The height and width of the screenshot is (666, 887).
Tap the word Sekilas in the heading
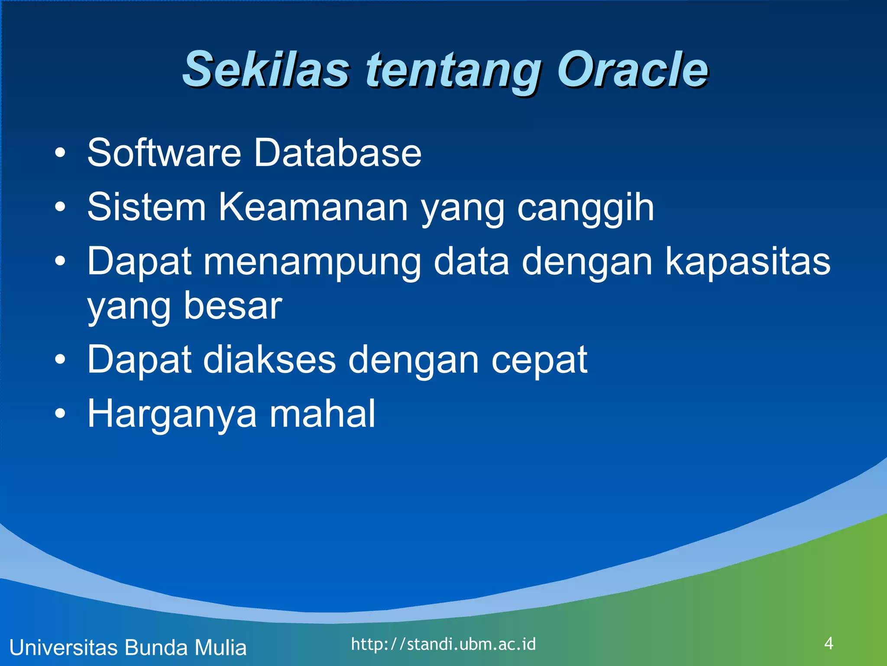click(x=265, y=69)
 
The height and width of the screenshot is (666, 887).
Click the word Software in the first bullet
click(x=164, y=153)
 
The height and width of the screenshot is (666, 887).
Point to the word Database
click(x=337, y=153)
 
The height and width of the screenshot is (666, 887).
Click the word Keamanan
click(x=313, y=207)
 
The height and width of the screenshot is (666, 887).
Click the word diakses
click(x=269, y=359)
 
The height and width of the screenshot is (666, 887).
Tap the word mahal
click(x=322, y=414)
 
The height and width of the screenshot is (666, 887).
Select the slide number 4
click(x=829, y=643)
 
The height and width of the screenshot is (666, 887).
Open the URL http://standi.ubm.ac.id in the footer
click(x=443, y=644)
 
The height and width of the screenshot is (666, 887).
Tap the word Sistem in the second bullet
click(x=146, y=207)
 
